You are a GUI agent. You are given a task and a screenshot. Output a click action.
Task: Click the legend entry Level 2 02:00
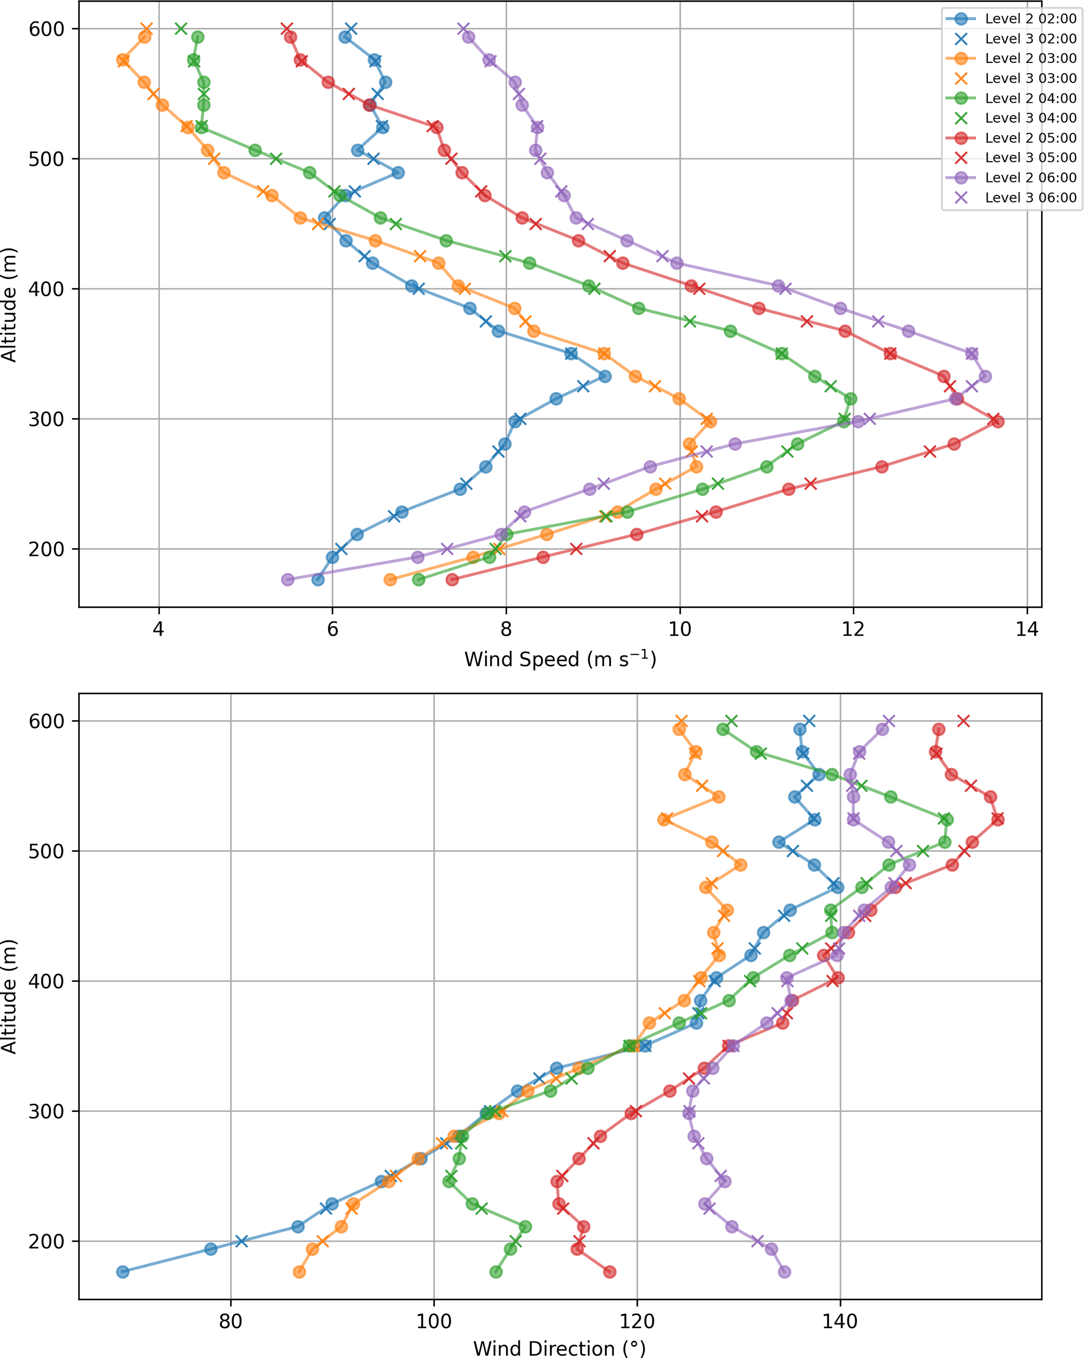(x=1031, y=19)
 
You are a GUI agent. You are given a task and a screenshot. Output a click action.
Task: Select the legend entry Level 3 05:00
(x=1031, y=157)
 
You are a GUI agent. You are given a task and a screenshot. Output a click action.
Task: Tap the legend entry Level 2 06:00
(x=1031, y=178)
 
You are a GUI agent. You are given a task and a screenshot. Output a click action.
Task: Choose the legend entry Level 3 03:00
(x=1031, y=78)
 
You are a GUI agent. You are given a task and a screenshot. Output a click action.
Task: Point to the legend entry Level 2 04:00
(x=1031, y=98)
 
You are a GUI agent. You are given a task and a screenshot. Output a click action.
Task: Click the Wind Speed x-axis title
(x=560, y=659)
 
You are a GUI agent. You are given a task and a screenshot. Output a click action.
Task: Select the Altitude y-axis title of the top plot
(x=9, y=305)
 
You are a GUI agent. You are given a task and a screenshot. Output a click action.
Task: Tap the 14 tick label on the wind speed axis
(x=1027, y=629)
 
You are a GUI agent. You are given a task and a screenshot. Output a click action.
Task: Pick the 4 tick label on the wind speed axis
(x=159, y=629)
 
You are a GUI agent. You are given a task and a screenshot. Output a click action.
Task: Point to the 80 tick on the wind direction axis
(x=231, y=1321)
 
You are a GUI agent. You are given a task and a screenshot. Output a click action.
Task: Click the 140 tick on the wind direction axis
(x=840, y=1321)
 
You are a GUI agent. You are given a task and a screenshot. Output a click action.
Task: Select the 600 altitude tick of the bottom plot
(x=47, y=721)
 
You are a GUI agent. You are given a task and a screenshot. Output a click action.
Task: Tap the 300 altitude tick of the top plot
(x=47, y=419)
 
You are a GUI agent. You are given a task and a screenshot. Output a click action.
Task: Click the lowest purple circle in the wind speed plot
(x=288, y=580)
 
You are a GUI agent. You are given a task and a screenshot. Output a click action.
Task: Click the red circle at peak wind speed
(x=997, y=421)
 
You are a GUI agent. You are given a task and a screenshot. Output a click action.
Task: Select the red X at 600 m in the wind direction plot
(x=963, y=721)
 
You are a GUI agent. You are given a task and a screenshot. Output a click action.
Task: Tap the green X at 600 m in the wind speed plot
(x=181, y=28)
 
